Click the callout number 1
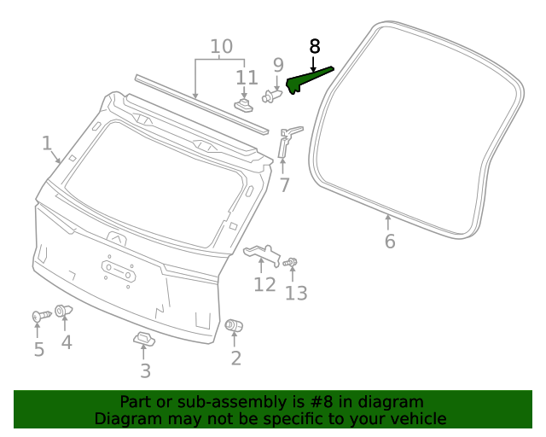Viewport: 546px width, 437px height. click(x=47, y=143)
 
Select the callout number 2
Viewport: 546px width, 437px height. click(x=235, y=358)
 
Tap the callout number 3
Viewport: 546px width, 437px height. click(x=145, y=370)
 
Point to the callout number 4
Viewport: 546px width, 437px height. click(x=66, y=342)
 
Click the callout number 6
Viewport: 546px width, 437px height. click(x=390, y=242)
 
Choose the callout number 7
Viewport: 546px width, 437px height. click(x=284, y=184)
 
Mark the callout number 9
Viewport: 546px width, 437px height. click(x=278, y=64)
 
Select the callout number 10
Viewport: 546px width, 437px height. click(x=221, y=46)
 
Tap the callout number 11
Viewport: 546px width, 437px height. click(x=246, y=78)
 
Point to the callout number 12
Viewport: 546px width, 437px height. click(x=264, y=284)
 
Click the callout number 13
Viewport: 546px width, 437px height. click(x=295, y=293)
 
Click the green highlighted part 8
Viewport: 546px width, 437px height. click(x=306, y=80)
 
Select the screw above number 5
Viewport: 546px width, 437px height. click(x=39, y=317)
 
